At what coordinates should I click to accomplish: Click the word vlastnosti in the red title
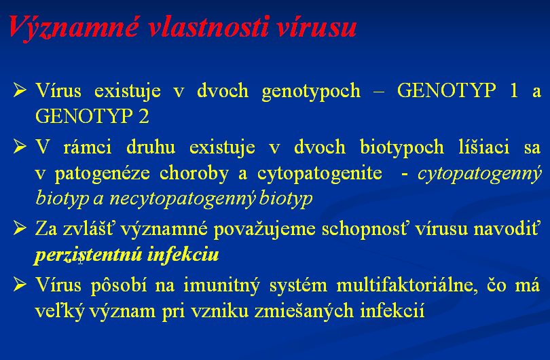(x=208, y=26)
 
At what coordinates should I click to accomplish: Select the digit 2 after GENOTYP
(x=144, y=116)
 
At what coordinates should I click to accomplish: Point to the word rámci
(x=88, y=147)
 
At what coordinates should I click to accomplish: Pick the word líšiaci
(x=484, y=146)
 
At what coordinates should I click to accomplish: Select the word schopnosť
(x=365, y=230)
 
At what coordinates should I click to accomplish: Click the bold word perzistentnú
(x=88, y=255)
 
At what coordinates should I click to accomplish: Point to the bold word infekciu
(x=183, y=254)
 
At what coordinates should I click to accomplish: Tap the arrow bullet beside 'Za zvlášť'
(x=20, y=228)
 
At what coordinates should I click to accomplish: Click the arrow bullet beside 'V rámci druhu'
(x=20, y=146)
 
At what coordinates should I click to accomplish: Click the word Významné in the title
(x=74, y=28)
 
